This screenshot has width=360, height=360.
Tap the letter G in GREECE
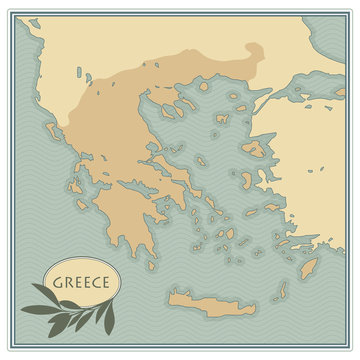(58, 283)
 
